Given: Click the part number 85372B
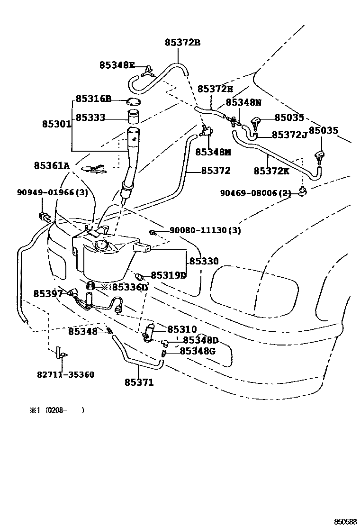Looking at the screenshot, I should pos(182,43).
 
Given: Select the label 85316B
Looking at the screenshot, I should pos(93,99).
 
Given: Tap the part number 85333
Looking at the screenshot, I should pos(90,118).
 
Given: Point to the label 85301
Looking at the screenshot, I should pos(56,124).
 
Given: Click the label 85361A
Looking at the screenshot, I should pos(52,165).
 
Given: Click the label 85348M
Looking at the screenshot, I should pos(213,152).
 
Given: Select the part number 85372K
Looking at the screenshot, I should pos(271,171).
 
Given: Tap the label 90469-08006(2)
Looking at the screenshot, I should pos(255,193).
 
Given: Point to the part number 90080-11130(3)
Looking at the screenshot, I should pos(205,231).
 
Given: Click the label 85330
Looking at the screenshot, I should pos(204,261).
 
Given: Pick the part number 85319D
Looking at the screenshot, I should pos(169,275).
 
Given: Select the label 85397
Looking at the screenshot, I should pos(48,294).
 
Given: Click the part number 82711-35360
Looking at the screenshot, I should pos(65,374).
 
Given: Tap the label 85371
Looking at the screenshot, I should pos(139,382).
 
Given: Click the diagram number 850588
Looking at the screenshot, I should pos(345,521).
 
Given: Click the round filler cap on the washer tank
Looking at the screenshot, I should pos(101,245).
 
